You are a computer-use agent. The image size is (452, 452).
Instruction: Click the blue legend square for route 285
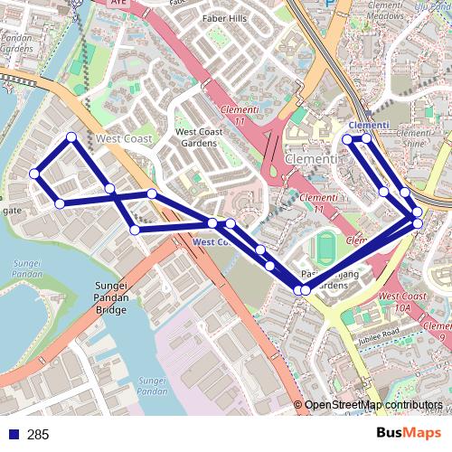tap(13, 435)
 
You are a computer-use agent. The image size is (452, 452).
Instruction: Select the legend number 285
tap(38, 435)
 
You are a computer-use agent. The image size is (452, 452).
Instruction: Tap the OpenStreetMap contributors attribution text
tap(374, 405)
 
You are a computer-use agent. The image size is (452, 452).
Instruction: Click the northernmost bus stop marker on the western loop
tap(71, 137)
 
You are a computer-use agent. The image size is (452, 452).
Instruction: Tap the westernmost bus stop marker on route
tap(33, 174)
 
